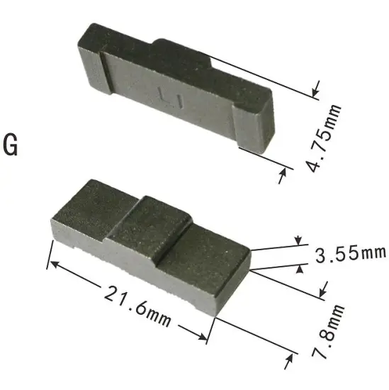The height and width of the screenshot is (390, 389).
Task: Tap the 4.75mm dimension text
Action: (323, 138)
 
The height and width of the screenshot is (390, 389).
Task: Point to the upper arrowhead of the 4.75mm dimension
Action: (316, 89)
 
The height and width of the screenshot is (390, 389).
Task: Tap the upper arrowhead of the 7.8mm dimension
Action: (323, 288)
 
